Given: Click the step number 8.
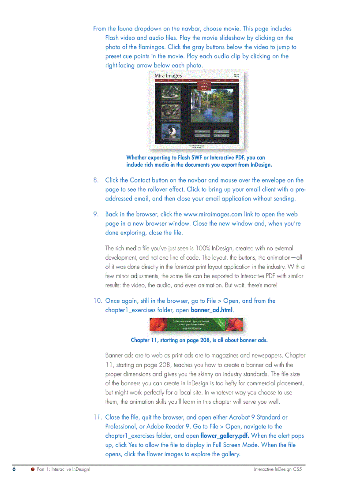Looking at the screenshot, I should coord(95,180).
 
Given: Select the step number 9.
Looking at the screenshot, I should coord(95,214).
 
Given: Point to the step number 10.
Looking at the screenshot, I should coord(97,301).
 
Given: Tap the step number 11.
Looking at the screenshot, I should coord(97,417).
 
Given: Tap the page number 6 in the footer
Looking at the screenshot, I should coord(14,469).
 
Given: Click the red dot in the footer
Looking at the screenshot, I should coord(32,469).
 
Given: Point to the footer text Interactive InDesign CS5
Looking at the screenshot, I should coord(277,469).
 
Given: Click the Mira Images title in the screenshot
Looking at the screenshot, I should coord(168,76).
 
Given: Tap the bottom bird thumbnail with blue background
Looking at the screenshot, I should coord(169,131).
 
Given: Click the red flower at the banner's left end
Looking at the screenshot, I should coord(159,325).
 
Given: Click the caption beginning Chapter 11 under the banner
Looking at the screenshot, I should coord(199,340).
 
